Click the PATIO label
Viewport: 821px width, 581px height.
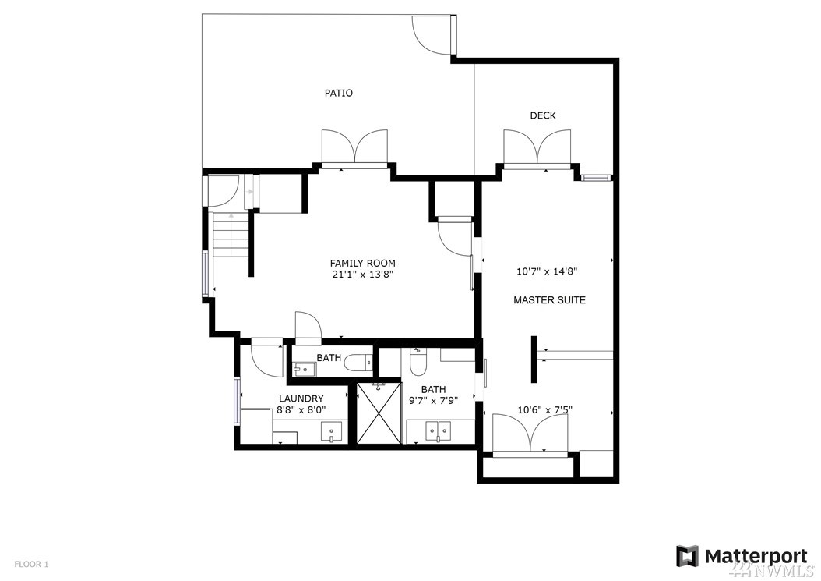[338, 94]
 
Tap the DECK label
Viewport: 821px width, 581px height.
[542, 116]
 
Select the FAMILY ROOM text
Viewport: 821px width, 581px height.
[362, 264]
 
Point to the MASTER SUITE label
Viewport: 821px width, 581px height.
[549, 300]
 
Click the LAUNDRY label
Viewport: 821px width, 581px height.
[301, 399]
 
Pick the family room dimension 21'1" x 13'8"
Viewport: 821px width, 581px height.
[362, 275]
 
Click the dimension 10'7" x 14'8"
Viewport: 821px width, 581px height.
[547, 271]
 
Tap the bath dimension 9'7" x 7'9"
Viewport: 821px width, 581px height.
[434, 401]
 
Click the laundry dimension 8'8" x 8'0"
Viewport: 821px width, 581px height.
[301, 410]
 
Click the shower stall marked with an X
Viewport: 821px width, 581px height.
[379, 414]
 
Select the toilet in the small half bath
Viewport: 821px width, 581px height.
[360, 362]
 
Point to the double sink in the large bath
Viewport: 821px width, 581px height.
[438, 431]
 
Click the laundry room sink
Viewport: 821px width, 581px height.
[331, 431]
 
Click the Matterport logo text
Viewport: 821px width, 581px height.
[756, 556]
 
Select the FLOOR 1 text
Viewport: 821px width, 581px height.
[31, 564]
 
